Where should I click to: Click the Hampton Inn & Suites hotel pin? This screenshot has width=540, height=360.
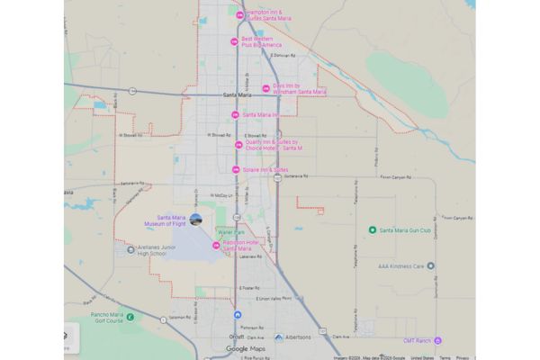(x=238, y=15)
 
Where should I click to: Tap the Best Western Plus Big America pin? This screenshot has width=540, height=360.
(x=234, y=41)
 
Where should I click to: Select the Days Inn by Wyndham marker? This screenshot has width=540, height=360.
(x=265, y=88)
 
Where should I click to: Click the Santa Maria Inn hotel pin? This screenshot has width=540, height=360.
(x=235, y=114)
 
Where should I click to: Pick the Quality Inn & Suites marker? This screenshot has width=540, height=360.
(x=238, y=144)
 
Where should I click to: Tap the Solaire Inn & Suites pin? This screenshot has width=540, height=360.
(x=235, y=169)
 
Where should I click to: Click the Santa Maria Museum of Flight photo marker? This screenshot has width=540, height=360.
(x=196, y=219)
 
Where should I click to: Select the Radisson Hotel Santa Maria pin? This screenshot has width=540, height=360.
(x=216, y=246)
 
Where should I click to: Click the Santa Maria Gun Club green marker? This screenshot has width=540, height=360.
(x=373, y=229)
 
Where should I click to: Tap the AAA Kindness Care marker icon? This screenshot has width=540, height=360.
(x=430, y=265)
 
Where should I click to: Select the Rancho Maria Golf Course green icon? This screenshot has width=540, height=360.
(x=130, y=316)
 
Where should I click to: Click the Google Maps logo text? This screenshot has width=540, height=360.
(x=246, y=348)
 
